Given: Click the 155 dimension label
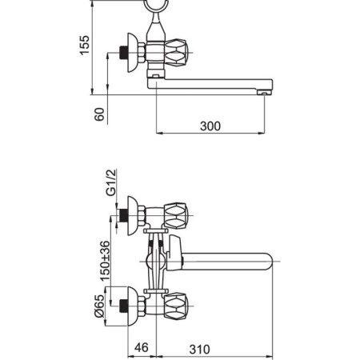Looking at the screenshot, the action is pos(85,45).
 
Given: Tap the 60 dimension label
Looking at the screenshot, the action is pos(99,114).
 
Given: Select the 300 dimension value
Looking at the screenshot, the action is pos(210,126).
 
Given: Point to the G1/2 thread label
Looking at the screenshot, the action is pos(111,182).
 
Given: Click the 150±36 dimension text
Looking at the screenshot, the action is pos(105,261).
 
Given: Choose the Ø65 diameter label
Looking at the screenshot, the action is pos(99,306).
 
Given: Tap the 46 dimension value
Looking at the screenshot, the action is pos(142,347).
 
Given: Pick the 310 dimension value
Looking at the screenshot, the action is pos(199,350).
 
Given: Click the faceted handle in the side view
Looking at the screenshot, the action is pos(176,53).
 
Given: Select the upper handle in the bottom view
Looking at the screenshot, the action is pos(176,216).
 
